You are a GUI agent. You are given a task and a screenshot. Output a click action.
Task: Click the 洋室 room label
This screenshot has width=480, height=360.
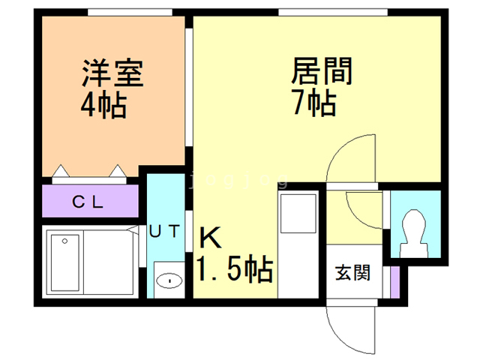pos(112,74)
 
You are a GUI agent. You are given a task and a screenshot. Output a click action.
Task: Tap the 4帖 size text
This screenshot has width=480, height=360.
pos(103,106)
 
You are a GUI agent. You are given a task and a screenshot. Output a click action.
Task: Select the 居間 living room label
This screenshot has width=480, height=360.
pos(322,73)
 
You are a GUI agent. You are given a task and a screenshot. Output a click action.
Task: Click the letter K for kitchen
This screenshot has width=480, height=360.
pos(211,238)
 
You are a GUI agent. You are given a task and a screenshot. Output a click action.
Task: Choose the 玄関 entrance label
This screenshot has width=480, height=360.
pos(352,272)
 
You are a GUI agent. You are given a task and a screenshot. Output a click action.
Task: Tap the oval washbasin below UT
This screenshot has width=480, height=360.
pos(169,281)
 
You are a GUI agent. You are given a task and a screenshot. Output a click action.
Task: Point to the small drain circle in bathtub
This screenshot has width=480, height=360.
pos(65,241)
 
